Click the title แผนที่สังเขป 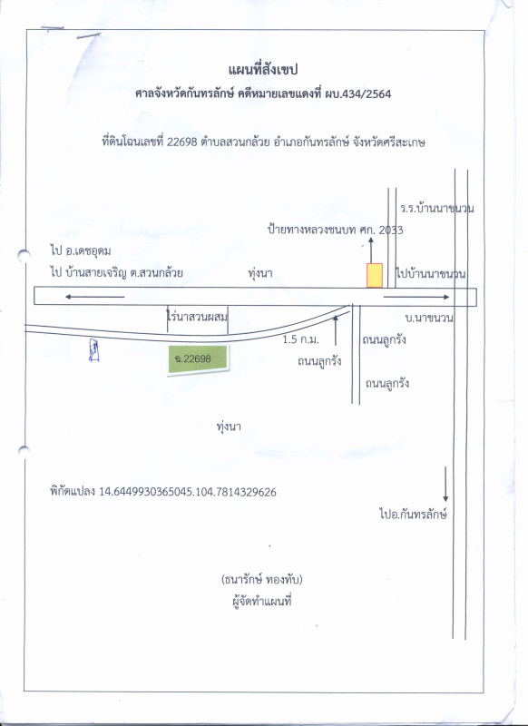263,70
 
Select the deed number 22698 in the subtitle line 182,142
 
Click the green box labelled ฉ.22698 198,358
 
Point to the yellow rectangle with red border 375,276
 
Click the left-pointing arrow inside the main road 94,297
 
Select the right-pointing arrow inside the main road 416,297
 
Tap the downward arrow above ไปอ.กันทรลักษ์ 445,484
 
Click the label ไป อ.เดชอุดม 81,251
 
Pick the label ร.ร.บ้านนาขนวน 437,209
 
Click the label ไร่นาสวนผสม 197,317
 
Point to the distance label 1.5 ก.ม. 301,339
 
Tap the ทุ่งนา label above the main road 260,273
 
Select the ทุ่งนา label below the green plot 229,427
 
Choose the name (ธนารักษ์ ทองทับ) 262,579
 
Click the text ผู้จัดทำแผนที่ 262,601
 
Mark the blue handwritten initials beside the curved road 94,350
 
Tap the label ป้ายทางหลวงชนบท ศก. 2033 336,230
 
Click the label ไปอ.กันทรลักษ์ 413,514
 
